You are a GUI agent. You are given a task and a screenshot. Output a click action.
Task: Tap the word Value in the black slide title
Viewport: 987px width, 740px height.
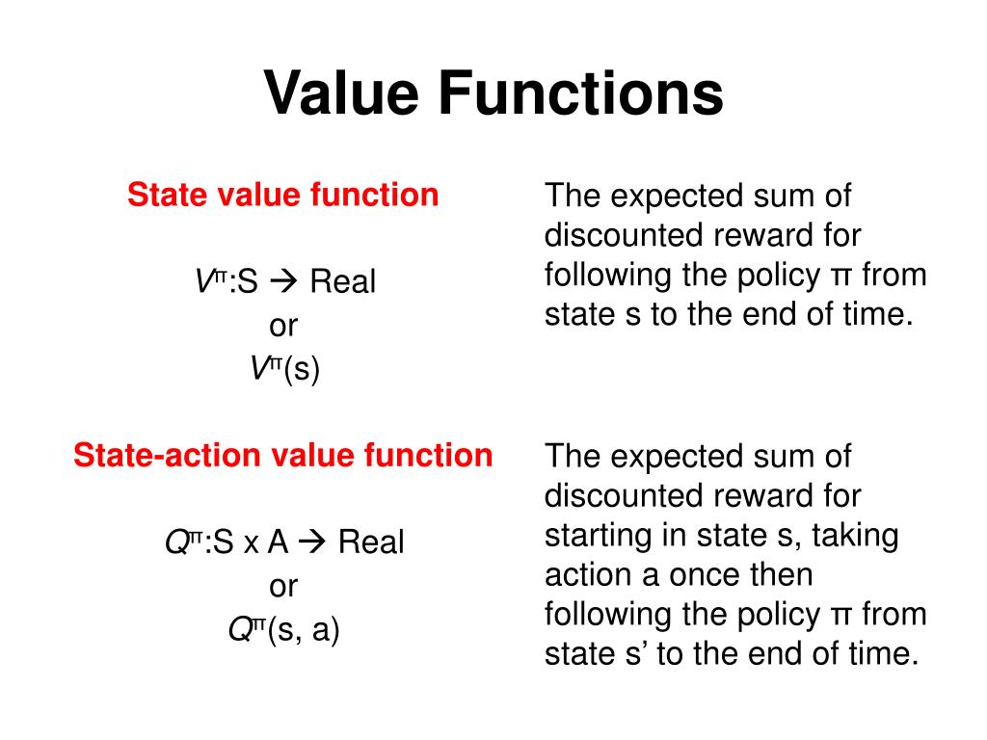(340, 94)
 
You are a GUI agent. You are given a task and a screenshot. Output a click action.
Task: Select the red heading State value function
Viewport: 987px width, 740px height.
(283, 196)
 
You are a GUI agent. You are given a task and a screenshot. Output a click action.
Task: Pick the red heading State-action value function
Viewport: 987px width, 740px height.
(283, 455)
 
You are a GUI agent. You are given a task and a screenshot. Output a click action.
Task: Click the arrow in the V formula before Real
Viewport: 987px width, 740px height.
(286, 282)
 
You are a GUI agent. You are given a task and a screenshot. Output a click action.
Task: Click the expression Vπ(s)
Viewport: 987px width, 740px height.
(283, 368)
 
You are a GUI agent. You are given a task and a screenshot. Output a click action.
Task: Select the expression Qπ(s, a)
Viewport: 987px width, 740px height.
(283, 629)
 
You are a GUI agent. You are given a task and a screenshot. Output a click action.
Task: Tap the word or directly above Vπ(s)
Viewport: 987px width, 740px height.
(283, 326)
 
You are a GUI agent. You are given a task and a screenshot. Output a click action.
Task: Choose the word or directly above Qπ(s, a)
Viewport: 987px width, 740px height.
(283, 586)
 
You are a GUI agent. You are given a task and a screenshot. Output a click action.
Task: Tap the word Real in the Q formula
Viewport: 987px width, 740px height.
(371, 542)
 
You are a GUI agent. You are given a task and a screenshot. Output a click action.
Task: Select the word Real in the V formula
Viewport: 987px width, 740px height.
(342, 282)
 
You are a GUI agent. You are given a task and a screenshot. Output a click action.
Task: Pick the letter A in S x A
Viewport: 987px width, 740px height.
(279, 542)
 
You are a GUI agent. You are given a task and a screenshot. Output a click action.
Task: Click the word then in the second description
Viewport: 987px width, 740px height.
(782, 575)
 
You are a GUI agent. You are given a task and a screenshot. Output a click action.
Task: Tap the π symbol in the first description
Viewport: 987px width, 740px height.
(839, 276)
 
